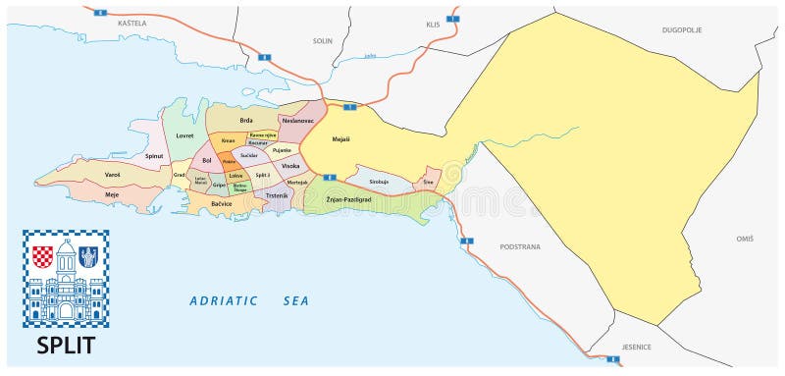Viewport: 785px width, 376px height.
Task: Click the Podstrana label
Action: tap(519, 246)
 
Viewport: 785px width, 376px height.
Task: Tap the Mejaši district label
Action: tap(341, 139)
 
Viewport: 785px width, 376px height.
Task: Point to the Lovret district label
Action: tap(184, 135)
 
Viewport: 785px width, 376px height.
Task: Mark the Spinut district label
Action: tap(154, 155)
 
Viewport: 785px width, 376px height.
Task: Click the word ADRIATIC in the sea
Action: tap(224, 300)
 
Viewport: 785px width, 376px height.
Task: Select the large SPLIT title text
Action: tap(65, 346)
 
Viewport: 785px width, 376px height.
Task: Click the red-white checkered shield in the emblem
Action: tap(42, 257)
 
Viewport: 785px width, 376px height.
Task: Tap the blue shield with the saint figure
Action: tap(87, 257)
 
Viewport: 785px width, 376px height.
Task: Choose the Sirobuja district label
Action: tap(379, 182)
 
